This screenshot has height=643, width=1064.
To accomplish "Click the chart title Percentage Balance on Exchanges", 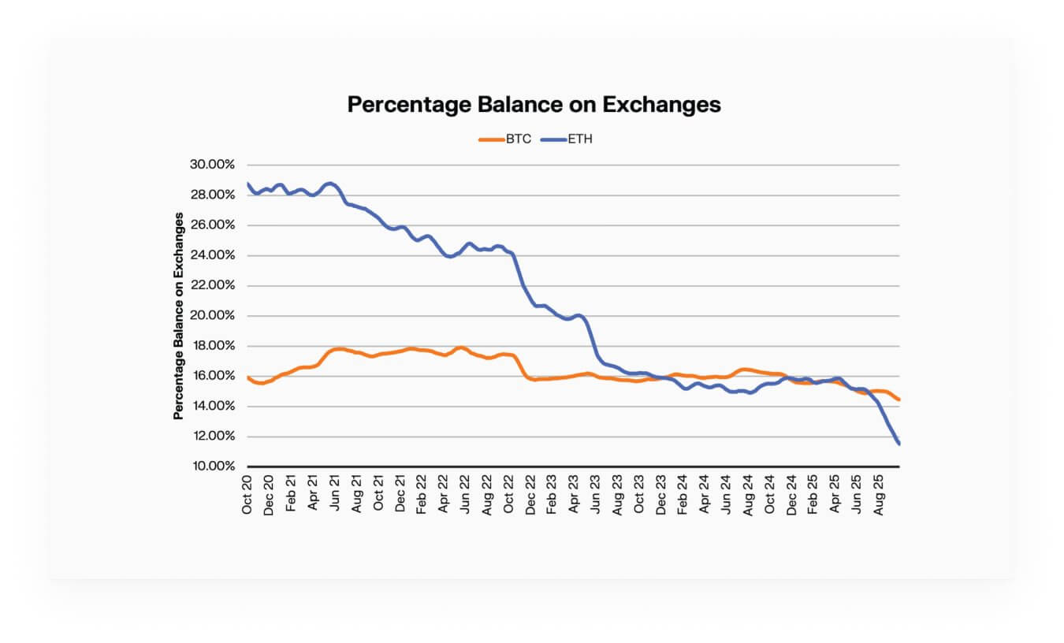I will [x=534, y=104].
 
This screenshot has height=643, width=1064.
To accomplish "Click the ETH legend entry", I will [x=580, y=139].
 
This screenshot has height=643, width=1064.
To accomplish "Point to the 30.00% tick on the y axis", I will [x=213, y=165].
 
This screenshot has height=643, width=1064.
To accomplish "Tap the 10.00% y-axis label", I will [x=213, y=466].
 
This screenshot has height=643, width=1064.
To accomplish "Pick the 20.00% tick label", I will [x=213, y=315].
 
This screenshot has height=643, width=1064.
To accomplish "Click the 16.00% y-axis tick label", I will [x=213, y=376].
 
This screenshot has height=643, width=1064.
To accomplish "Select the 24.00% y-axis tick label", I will [x=213, y=255].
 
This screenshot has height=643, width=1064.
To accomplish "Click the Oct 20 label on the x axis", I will [x=247, y=495].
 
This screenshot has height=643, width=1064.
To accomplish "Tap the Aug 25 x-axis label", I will [x=879, y=495].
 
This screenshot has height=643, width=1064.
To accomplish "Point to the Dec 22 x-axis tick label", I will [x=530, y=495].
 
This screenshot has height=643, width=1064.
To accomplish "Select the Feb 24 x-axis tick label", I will [x=683, y=495].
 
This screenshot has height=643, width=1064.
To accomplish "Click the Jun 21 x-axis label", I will [x=334, y=495].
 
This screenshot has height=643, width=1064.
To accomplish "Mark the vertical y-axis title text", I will [x=179, y=315].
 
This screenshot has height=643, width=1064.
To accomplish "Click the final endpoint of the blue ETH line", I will [x=898, y=444].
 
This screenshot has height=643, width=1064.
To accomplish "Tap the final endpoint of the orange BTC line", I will [x=898, y=400].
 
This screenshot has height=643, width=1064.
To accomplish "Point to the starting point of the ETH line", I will [x=247, y=184].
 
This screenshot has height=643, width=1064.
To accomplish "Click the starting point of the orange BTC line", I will [x=247, y=377].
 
